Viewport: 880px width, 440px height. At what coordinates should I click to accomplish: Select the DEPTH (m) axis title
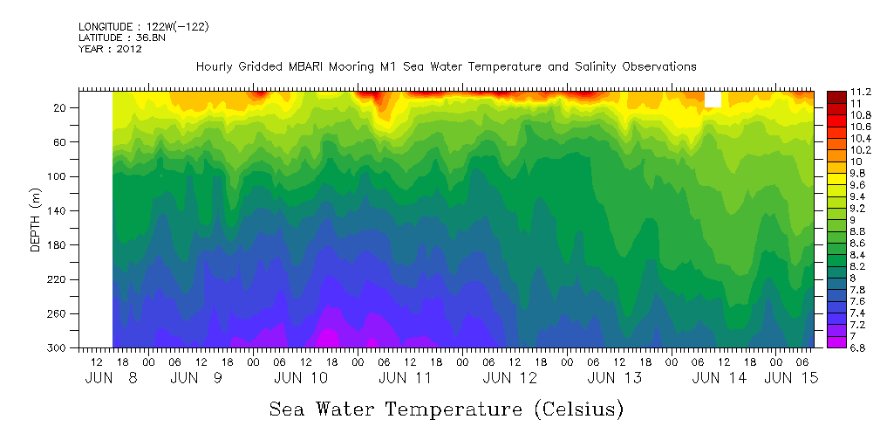(x=36, y=219)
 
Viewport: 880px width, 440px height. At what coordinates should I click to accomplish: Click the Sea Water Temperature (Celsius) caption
(x=447, y=409)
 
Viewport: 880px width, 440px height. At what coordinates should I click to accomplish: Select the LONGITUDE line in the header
(x=143, y=27)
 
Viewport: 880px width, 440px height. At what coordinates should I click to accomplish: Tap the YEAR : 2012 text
(x=110, y=49)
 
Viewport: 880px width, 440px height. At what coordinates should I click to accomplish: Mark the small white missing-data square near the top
(x=713, y=100)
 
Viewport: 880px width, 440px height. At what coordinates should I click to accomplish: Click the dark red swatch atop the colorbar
(x=836, y=94)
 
